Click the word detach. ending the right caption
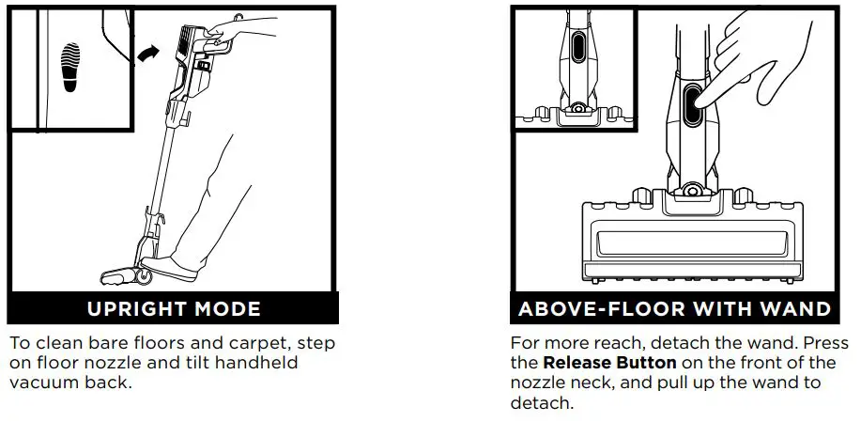click(541, 402)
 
